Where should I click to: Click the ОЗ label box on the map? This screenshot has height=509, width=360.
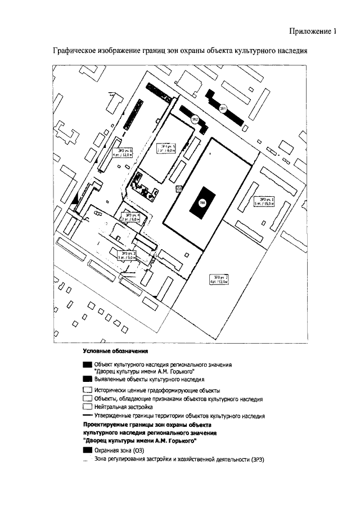(x=179, y=188)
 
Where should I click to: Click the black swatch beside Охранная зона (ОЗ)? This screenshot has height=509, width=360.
(x=87, y=451)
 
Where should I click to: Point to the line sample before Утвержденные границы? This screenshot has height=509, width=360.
(x=87, y=416)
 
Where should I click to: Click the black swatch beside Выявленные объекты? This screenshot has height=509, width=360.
(x=87, y=380)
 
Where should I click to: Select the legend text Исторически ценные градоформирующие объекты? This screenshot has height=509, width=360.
(x=157, y=390)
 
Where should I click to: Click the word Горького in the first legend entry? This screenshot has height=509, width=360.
(x=180, y=372)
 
